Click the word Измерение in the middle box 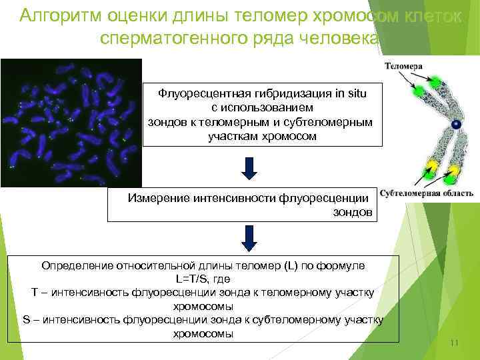pos(158,198)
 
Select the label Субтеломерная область pos(427,193)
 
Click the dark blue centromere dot pos(456,125)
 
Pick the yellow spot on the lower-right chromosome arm pos(453,175)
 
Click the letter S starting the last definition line pos(26,320)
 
